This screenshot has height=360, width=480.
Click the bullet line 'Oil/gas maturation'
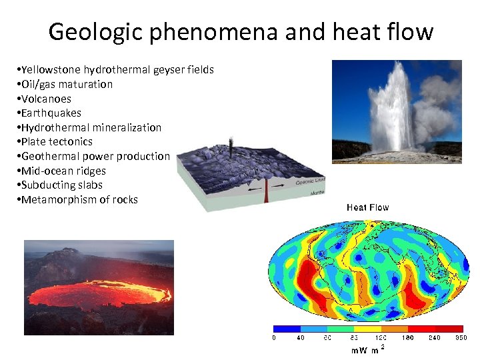click(x=67, y=84)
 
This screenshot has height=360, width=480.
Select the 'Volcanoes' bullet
click(x=46, y=99)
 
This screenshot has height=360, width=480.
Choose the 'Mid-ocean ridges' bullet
click(x=63, y=171)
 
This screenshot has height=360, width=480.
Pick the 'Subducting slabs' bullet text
click(x=62, y=185)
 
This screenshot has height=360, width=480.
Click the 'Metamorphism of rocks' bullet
click(x=79, y=199)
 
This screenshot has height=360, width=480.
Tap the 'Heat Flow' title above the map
click(x=367, y=207)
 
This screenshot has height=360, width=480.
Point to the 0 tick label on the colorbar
click(x=274, y=338)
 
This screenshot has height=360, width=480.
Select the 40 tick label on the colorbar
click(x=301, y=338)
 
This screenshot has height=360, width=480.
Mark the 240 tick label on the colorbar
click(x=435, y=338)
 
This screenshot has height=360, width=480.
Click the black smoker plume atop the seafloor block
click(x=231, y=146)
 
